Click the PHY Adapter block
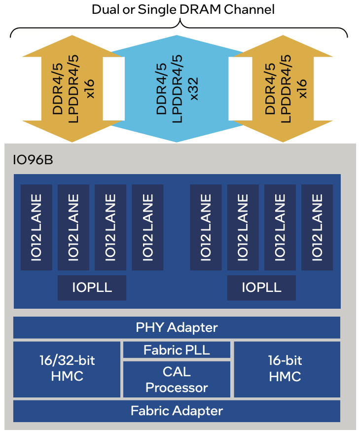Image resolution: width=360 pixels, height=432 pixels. point(177,327)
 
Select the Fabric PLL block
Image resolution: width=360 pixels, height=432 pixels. point(177,350)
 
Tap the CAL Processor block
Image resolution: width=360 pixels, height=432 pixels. point(177,379)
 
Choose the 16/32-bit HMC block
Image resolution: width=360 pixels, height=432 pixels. point(67,369)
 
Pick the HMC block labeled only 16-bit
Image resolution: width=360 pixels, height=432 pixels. point(287,369)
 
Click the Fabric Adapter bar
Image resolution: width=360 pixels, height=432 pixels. point(177,411)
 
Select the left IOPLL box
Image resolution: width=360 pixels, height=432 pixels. point(92,288)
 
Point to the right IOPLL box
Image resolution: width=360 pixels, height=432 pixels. point(261,288)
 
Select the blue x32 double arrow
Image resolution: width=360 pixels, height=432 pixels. point(177,89)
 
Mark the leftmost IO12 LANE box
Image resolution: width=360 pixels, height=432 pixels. point(36,227)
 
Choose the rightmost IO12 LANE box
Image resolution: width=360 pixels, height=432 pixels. point(317,227)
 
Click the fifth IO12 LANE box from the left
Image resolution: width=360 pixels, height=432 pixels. point(206,227)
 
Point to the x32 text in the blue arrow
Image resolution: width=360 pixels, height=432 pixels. point(194,89)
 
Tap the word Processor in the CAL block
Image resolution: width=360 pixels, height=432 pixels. point(177,388)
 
